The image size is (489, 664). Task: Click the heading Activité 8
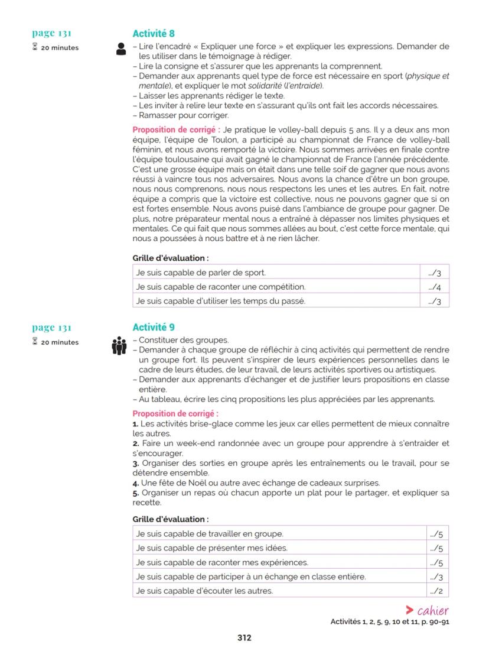coord(153,34)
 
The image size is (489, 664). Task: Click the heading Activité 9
coord(153,327)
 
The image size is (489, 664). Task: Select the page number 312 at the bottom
coord(244,637)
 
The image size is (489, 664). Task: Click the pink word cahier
coord(432,611)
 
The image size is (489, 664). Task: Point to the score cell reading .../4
coord(435,287)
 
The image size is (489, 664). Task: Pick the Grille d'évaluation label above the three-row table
coord(170,258)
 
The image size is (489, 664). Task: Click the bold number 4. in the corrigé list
coord(135,482)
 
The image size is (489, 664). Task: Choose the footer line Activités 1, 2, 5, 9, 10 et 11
coord(390,621)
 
